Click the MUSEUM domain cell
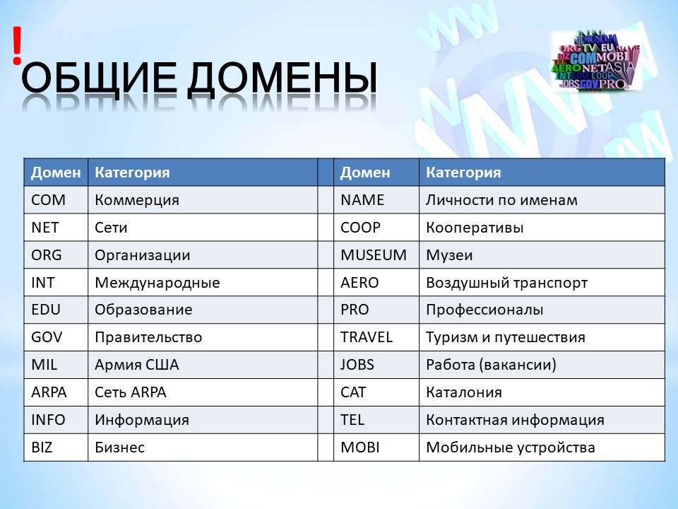tap(374, 255)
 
